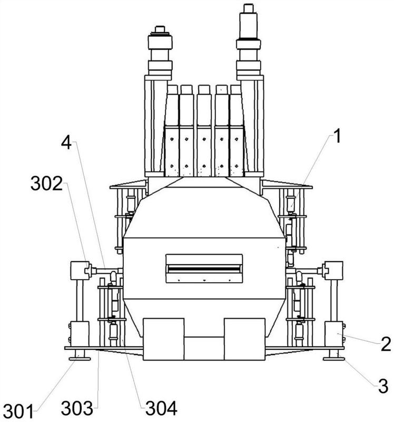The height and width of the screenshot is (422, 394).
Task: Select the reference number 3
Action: (383, 386)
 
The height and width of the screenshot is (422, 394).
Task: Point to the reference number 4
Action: (66, 142)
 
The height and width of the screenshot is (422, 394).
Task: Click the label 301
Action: (18, 411)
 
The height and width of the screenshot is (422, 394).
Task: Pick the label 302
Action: (46, 184)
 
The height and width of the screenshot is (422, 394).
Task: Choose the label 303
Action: (77, 408)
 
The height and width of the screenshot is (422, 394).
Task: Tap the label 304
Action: (161, 408)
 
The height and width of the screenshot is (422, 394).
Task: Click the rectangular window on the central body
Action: (204, 268)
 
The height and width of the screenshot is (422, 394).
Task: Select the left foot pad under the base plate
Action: (80, 359)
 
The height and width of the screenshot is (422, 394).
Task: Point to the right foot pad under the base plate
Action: (334, 359)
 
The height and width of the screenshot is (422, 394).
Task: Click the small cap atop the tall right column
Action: (248, 8)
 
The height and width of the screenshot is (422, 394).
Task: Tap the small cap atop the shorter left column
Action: (160, 29)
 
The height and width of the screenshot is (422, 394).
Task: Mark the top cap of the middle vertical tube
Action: (204, 90)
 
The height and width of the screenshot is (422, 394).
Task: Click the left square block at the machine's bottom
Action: (163, 339)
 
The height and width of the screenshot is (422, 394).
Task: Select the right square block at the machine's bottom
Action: (244, 339)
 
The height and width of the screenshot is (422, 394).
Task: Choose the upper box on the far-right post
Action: (333, 270)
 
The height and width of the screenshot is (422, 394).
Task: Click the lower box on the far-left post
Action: (80, 334)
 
